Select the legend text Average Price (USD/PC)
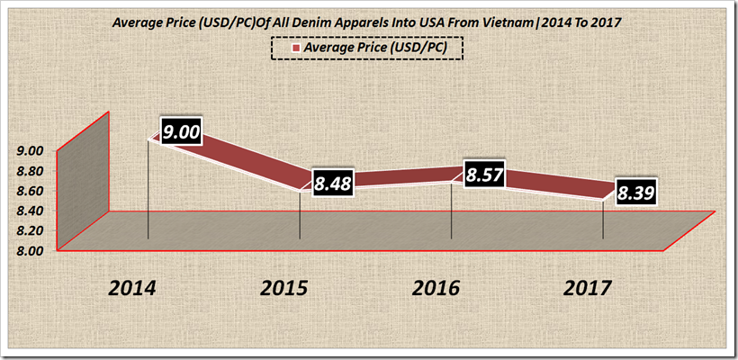pos(378,47)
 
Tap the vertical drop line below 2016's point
pos(451,212)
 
